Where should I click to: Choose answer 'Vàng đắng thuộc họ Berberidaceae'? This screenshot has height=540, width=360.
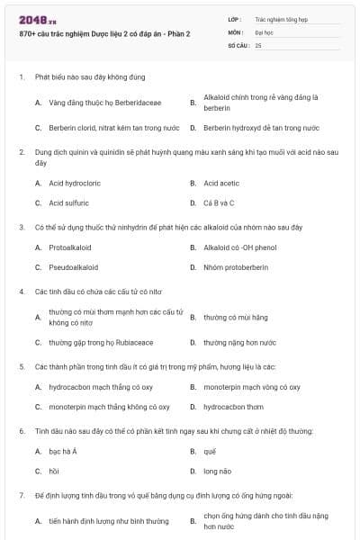[100, 103]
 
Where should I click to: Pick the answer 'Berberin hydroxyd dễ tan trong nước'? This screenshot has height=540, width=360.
[261, 128]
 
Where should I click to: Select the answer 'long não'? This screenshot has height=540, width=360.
[217, 471]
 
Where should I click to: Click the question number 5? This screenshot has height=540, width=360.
[21, 366]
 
